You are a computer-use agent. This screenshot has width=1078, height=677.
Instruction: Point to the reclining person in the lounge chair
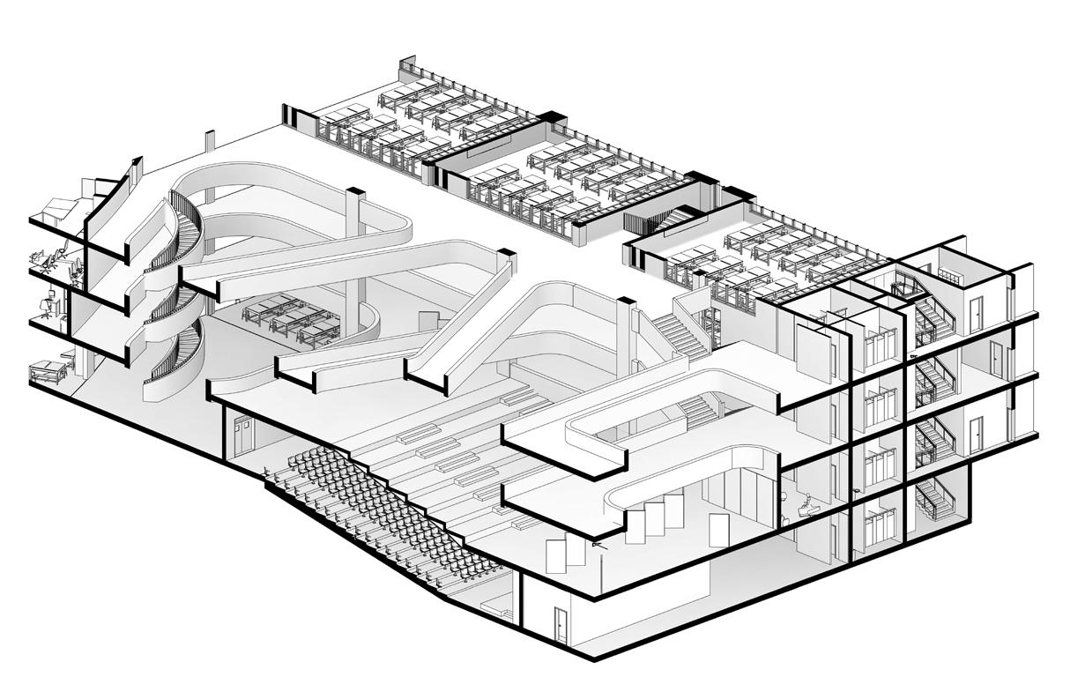click(x=805, y=504)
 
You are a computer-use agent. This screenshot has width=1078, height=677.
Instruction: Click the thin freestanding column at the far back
click(x=210, y=145)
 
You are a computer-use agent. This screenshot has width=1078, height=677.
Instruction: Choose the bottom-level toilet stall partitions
click(x=880, y=525)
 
